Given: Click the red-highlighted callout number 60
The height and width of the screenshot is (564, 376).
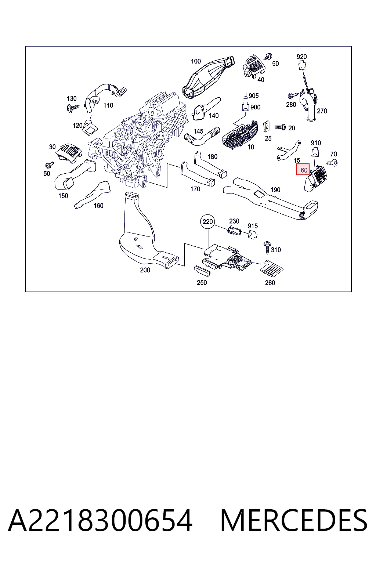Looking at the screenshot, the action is (303, 169).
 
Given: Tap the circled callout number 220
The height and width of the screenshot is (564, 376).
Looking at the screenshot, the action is (208, 221).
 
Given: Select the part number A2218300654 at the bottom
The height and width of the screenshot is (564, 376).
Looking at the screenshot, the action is (101, 520).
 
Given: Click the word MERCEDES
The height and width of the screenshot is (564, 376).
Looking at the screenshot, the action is (294, 520).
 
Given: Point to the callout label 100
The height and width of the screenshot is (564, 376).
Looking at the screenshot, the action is (196, 61).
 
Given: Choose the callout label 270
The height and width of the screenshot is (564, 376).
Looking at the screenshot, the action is (322, 111).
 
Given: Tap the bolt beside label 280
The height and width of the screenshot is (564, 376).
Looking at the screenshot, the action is (293, 96).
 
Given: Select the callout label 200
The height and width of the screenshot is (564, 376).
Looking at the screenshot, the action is (145, 270).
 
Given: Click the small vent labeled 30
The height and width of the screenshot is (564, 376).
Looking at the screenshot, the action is (69, 152).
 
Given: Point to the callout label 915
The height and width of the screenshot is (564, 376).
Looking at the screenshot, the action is (253, 226).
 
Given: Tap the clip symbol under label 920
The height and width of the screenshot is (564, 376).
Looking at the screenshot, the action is (302, 65).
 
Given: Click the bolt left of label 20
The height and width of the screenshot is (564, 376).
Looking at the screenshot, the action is (280, 127).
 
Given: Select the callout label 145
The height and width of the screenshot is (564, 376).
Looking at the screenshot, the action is (198, 131).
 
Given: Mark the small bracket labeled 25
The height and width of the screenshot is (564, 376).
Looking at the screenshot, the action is (266, 127).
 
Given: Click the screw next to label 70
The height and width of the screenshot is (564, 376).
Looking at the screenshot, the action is (332, 163).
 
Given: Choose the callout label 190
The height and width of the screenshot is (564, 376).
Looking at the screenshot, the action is (275, 189).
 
